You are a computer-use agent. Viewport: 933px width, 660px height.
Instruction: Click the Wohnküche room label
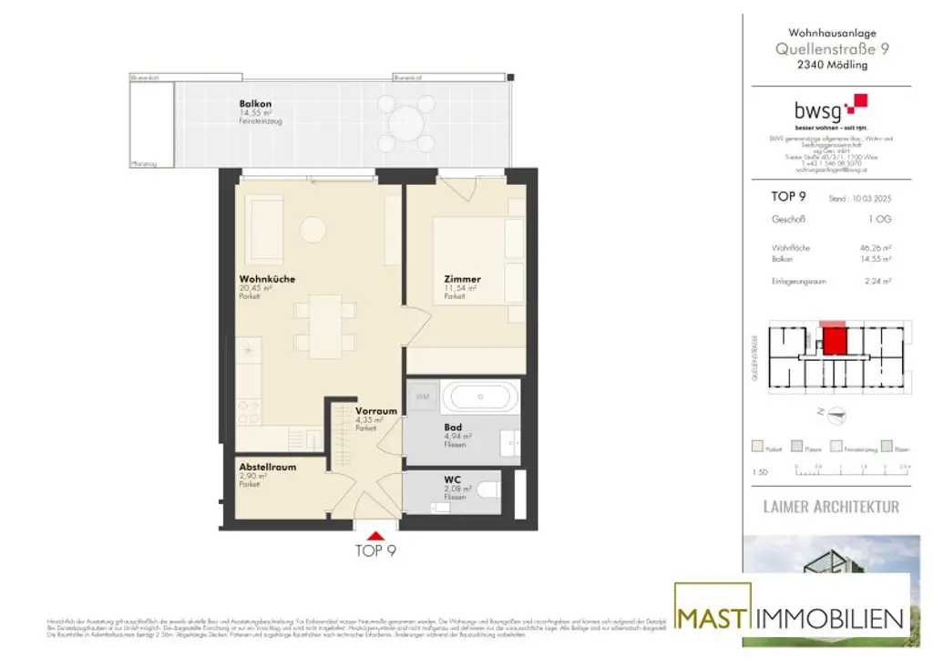tap(267, 279)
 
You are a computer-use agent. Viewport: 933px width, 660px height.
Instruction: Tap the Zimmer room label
tap(462, 279)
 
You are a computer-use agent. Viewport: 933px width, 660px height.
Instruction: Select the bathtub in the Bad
tap(480, 397)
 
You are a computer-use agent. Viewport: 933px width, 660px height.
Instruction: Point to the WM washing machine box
tap(423, 397)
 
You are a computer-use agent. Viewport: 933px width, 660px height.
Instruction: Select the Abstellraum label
tap(266, 465)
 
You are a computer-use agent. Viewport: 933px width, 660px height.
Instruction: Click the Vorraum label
tap(375, 411)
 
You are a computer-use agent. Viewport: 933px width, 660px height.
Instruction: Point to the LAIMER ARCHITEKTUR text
tap(830, 506)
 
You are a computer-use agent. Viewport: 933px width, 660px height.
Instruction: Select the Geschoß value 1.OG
tap(879, 220)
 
